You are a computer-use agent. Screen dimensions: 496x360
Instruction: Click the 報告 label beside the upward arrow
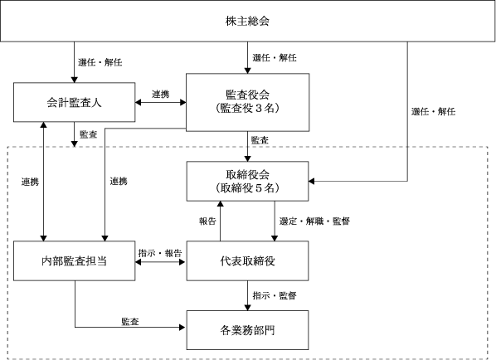(x=207, y=221)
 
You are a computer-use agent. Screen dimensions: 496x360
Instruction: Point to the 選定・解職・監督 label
(x=314, y=221)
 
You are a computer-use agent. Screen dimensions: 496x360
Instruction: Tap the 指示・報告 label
(x=160, y=253)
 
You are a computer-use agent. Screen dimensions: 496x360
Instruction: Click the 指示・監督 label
(x=275, y=296)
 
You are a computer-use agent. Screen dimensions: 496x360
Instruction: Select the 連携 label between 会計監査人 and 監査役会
(x=160, y=95)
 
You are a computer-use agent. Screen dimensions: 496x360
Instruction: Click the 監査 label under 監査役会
(x=260, y=140)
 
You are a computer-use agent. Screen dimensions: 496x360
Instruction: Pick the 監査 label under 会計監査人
(x=88, y=134)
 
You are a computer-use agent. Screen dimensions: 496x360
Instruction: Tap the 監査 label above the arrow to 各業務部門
(x=130, y=322)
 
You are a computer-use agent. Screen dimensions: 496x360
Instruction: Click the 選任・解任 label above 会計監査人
(x=100, y=62)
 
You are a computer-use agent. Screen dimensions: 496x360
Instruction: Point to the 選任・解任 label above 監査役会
(x=275, y=58)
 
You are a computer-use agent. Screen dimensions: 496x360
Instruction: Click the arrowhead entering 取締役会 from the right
(x=312, y=182)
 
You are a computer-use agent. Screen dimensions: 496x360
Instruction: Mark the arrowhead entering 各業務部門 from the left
(x=182, y=328)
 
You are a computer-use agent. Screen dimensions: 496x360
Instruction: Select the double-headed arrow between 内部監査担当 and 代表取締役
(x=161, y=262)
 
